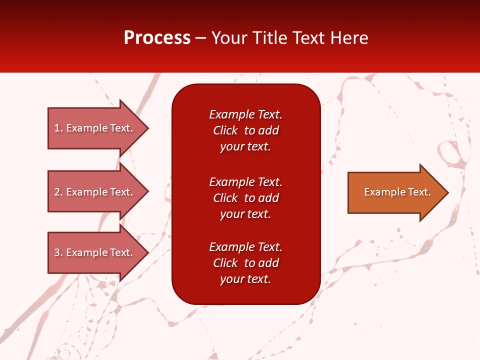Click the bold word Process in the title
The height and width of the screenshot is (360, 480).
(x=157, y=38)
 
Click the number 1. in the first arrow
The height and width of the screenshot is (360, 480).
(x=58, y=128)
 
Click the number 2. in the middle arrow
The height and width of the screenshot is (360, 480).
(x=58, y=192)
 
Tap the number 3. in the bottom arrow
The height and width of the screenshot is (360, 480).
(x=58, y=252)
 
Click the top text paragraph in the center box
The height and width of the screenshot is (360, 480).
(x=245, y=130)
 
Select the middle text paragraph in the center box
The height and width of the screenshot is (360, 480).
(x=245, y=198)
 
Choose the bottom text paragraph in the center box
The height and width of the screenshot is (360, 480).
(x=245, y=263)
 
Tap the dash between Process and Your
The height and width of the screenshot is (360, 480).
(x=200, y=38)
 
